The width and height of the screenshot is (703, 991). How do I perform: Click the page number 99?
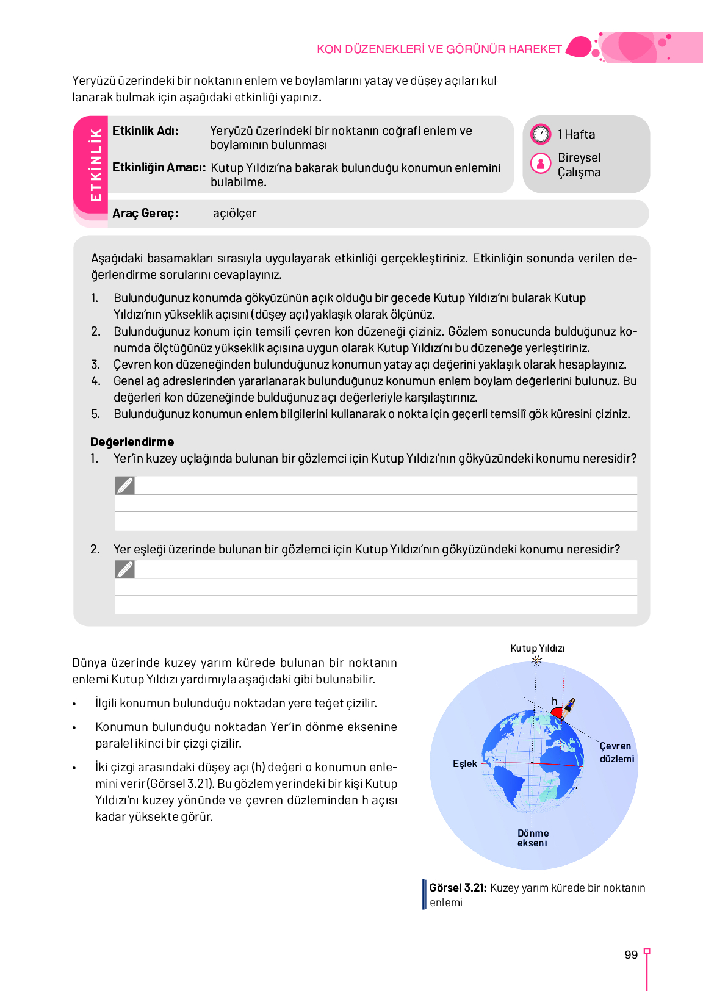[631, 954]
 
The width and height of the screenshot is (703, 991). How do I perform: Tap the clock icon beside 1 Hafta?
[541, 134]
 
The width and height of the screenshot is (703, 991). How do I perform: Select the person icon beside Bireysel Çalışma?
[541, 164]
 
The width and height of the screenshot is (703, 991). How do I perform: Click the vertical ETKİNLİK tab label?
[96, 165]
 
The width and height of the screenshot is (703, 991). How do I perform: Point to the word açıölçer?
[234, 214]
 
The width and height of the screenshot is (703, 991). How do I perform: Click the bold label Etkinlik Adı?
[145, 131]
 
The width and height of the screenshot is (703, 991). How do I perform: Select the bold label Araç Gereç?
[145, 214]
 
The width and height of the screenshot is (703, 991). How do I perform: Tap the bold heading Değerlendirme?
[132, 442]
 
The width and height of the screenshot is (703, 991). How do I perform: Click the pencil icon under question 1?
[125, 486]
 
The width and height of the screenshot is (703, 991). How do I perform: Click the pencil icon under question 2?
[125, 569]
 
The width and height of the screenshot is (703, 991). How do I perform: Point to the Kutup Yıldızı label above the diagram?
[537, 648]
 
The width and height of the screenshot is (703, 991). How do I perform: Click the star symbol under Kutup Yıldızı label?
[536, 660]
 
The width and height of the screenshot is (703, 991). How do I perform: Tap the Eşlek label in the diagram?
[465, 764]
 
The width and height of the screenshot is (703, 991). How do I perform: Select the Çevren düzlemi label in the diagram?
[616, 752]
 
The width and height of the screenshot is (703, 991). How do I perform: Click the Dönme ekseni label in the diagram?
[533, 838]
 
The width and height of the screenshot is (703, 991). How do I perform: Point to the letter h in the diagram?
[554, 701]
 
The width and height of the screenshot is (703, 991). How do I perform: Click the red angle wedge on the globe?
[556, 713]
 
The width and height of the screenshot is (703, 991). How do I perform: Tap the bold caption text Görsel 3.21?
[458, 888]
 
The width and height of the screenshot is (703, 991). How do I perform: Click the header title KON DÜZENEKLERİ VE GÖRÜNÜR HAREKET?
[439, 49]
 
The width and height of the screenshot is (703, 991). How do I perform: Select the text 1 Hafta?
[576, 134]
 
